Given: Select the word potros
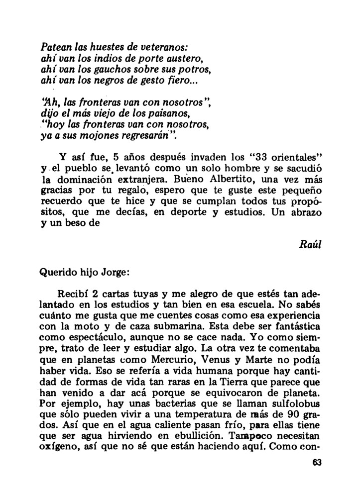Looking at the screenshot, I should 185,69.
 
